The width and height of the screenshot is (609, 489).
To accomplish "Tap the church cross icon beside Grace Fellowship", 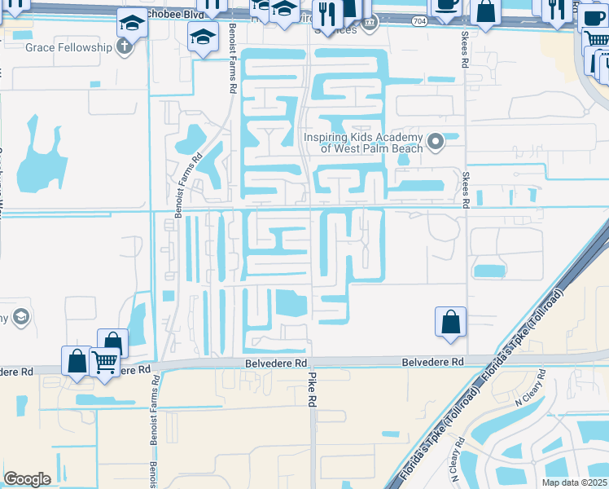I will point(124,47).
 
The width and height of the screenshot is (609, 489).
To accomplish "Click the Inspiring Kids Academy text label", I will point(363,143).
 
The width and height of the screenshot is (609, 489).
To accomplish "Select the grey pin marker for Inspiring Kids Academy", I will point(436,143).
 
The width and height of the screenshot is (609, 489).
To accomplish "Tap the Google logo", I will point(27,479).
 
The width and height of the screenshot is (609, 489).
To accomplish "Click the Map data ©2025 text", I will point(575,483).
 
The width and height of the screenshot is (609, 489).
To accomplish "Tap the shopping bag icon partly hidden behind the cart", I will point(112,342).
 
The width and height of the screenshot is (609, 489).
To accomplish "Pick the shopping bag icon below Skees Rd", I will point(451,321).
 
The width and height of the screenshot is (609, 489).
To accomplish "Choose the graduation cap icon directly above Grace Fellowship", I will point(131,24).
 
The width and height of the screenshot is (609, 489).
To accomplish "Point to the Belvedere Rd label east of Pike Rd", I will point(432,362).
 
